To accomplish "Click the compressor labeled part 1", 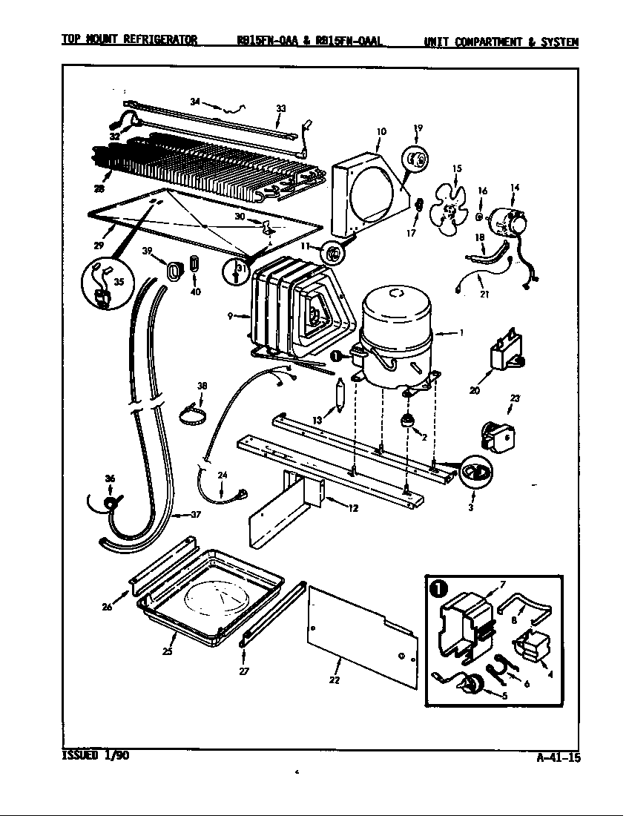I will [396, 334].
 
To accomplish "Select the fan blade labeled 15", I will [449, 210].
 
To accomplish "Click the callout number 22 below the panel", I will [335, 680].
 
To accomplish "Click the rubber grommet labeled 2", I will [406, 421].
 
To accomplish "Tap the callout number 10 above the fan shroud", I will [381, 131].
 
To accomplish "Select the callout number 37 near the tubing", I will [195, 514].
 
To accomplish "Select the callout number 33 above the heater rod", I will [280, 108].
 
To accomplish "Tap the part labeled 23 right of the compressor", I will [493, 435].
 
